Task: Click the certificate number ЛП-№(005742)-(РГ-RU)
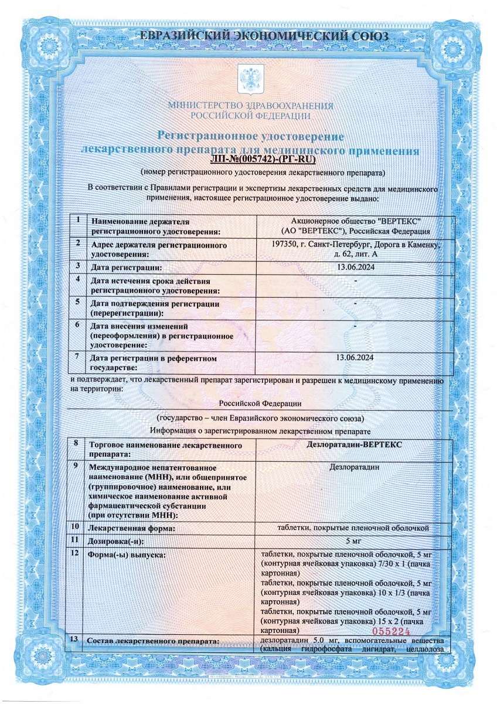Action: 262,158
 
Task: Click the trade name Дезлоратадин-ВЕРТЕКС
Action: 354,444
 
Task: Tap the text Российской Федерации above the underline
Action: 260,403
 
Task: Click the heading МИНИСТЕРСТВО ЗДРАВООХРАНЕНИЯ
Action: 250,106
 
